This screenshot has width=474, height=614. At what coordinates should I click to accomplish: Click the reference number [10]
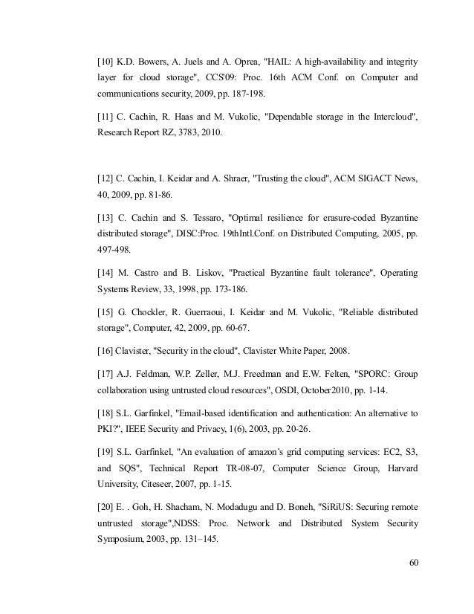[x=108, y=59]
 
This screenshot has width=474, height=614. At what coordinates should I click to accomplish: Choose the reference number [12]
[x=108, y=179]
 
